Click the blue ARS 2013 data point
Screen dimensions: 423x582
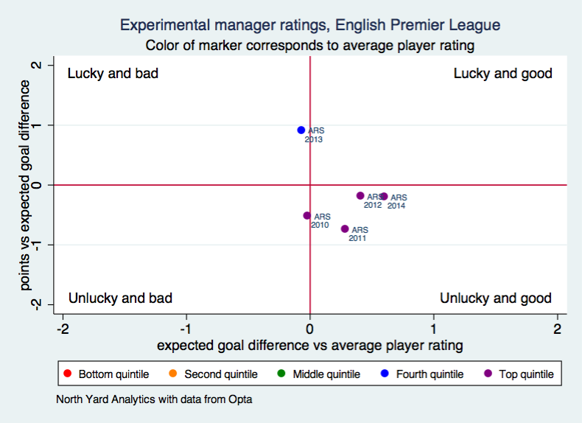[x=301, y=130]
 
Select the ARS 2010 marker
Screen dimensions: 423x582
[x=307, y=216]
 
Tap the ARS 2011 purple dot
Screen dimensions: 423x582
[x=345, y=229]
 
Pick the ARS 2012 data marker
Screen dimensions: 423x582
[x=360, y=196]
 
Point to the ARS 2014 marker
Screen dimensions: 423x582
[x=384, y=197]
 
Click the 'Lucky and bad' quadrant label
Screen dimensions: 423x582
[x=113, y=74]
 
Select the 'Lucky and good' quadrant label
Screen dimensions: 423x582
[x=502, y=74]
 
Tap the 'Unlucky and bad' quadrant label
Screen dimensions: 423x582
[x=120, y=298]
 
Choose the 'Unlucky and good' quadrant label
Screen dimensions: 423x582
[x=495, y=298]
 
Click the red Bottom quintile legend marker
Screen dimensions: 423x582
[x=68, y=374]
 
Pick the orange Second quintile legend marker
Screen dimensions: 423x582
[x=173, y=374]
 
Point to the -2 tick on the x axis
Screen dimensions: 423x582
[x=63, y=328]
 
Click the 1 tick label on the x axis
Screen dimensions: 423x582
[x=433, y=328]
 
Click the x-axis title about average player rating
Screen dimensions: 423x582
[x=309, y=344]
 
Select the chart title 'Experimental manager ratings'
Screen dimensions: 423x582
[x=309, y=25]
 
